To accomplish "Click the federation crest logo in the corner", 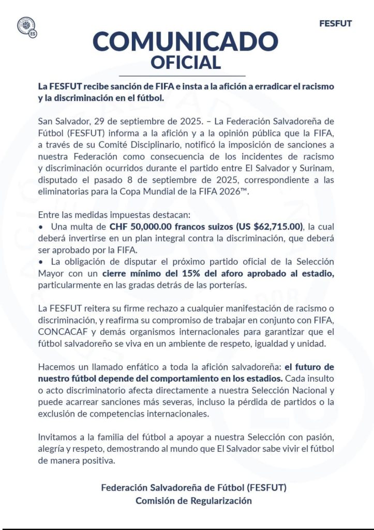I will pyautogui.click(x=26, y=27).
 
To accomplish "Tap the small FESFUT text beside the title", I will pyautogui.click(x=335, y=24).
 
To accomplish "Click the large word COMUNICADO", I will pyautogui.click(x=186, y=41).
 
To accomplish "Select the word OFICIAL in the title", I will pyautogui.click(x=186, y=62).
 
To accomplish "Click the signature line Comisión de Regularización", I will pyautogui.click(x=193, y=500).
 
